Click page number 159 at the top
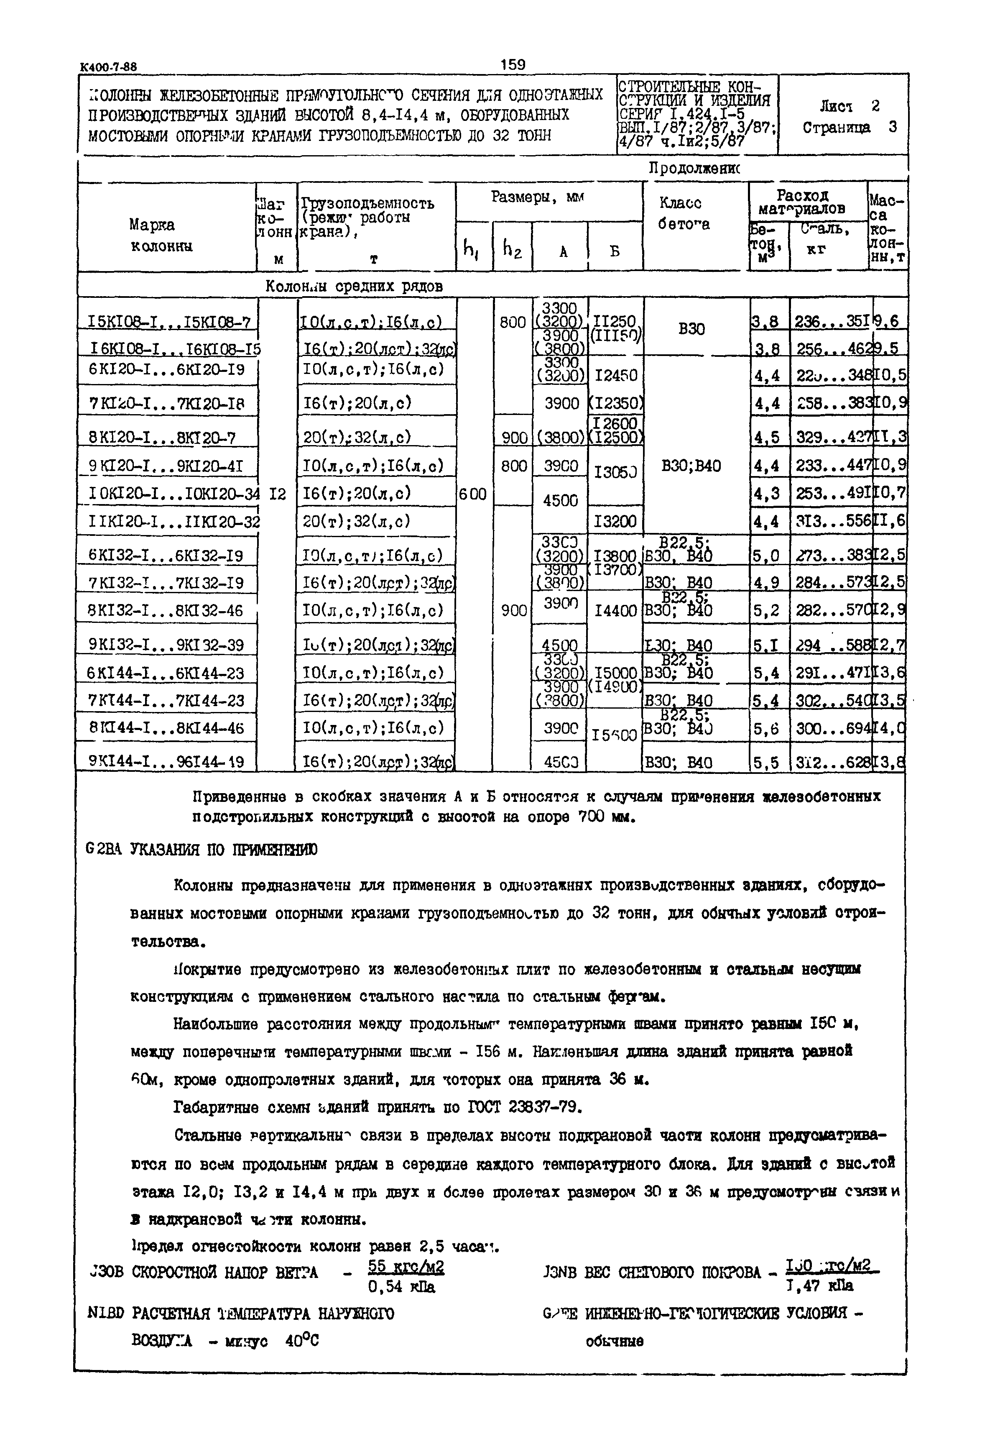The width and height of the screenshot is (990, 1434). click(x=513, y=64)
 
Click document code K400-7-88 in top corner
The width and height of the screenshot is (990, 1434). click(x=109, y=67)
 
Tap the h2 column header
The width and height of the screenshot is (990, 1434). click(x=513, y=249)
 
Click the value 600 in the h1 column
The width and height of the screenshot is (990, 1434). click(x=473, y=494)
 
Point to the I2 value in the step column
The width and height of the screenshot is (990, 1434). click(x=278, y=494)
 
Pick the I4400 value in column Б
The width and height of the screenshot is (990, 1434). click(x=615, y=611)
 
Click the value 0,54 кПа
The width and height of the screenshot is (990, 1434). click(x=401, y=1288)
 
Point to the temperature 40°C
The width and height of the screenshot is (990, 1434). click(x=302, y=1341)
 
